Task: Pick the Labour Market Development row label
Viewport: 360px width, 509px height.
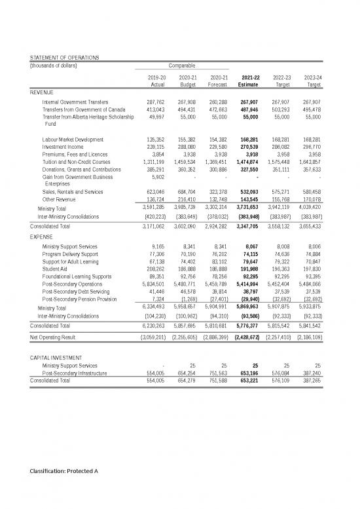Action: [x=72, y=139]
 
